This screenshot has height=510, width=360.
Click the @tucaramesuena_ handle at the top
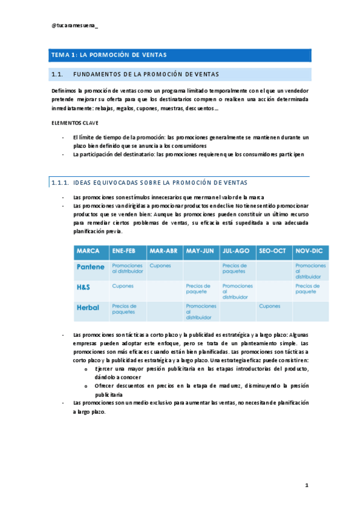point(76,26)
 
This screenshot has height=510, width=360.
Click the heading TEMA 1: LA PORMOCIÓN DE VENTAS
point(108,55)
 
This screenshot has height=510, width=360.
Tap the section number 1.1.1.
point(61,183)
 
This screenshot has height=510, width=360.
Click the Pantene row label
point(91,266)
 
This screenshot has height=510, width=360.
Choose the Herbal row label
point(88,307)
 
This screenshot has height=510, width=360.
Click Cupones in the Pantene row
point(160,265)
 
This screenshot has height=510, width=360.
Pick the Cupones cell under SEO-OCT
point(270,306)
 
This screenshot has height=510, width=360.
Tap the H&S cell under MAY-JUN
point(198,289)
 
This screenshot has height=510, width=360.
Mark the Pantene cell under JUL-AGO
point(234,268)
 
